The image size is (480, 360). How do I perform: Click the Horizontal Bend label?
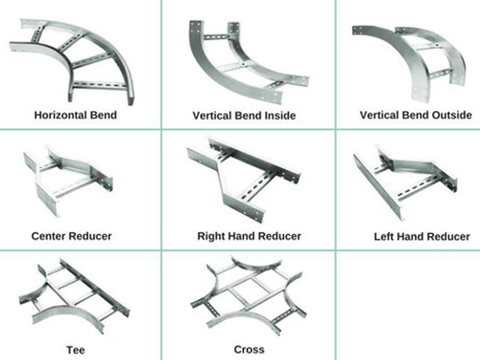click(75, 114)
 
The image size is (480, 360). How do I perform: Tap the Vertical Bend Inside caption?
click(244, 115)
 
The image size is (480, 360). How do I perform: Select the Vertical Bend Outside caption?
click(415, 114)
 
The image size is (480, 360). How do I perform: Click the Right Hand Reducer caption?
click(249, 236)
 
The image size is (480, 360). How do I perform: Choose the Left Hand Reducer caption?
click(422, 237)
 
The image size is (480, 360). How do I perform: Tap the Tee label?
click(72, 350)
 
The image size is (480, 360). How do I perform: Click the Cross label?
click(249, 350)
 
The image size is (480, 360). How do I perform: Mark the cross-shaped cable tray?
click(244, 296)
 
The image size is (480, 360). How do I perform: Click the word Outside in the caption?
click(450, 114)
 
